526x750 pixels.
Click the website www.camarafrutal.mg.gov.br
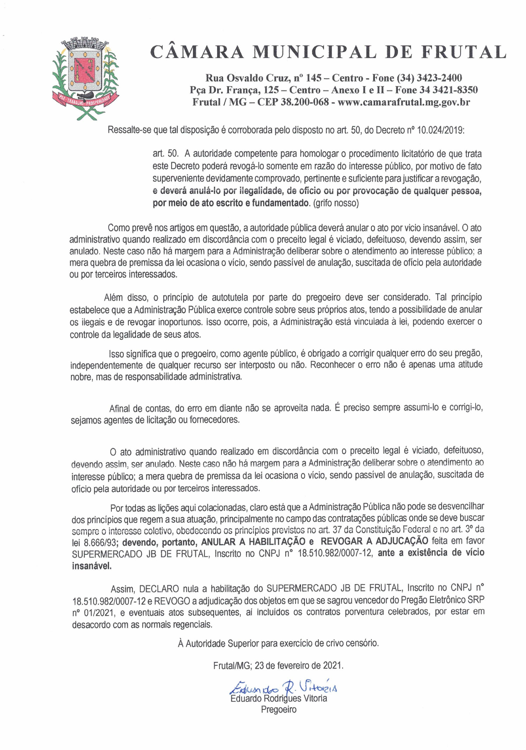404,102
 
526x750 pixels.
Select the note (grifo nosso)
336,203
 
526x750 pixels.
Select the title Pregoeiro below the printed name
278,709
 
